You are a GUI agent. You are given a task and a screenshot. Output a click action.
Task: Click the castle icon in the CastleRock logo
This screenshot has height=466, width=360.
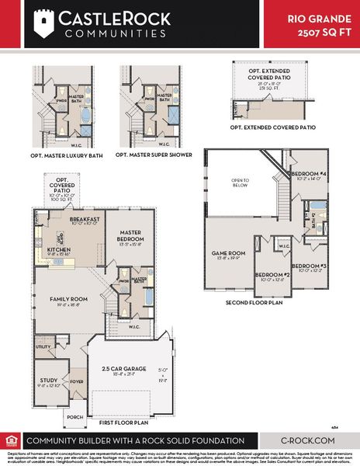coord(40,23)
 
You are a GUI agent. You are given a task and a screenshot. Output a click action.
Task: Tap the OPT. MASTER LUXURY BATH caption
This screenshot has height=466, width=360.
coord(68,155)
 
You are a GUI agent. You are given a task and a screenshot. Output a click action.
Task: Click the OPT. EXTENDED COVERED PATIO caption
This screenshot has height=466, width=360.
coord(272,127)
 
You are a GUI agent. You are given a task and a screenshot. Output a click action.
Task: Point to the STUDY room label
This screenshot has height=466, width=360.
coord(49,381)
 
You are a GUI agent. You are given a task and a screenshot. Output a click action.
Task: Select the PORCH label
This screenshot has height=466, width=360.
coord(74,417)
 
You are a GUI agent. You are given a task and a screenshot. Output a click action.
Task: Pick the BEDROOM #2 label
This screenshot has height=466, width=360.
coord(272,275)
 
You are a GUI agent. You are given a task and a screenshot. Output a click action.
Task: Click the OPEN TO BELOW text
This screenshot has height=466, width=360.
coord(240,184)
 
